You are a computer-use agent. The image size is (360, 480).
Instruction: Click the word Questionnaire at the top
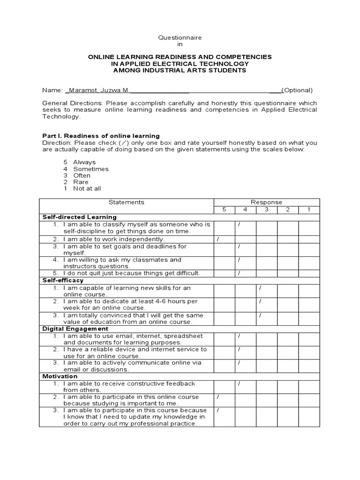[180, 37]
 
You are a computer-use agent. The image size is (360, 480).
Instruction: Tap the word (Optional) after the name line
[297, 90]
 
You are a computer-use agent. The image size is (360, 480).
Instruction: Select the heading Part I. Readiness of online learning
[101, 136]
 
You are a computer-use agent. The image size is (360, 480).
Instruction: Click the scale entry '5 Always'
[79, 162]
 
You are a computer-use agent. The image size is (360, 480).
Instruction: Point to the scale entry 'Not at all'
[87, 188]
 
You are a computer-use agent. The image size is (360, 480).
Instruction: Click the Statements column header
[127, 202]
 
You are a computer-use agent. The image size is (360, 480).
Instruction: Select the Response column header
[266, 202]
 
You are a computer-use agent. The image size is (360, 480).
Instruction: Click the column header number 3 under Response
[266, 210]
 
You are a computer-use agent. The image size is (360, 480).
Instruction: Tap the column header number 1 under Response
[309, 210]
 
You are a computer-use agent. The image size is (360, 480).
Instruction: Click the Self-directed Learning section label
[79, 217]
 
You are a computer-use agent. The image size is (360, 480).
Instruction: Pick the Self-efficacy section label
[63, 280]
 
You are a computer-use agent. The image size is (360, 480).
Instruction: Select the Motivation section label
[60, 376]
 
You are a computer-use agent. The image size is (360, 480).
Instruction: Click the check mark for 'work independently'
[218, 239]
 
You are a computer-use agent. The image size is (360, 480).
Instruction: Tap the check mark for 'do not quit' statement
[239, 273]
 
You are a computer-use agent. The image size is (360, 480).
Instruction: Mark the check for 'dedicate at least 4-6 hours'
[260, 301]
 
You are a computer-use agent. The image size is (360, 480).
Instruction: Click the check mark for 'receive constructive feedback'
[239, 383]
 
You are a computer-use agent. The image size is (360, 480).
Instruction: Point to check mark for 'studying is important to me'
[218, 397]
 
